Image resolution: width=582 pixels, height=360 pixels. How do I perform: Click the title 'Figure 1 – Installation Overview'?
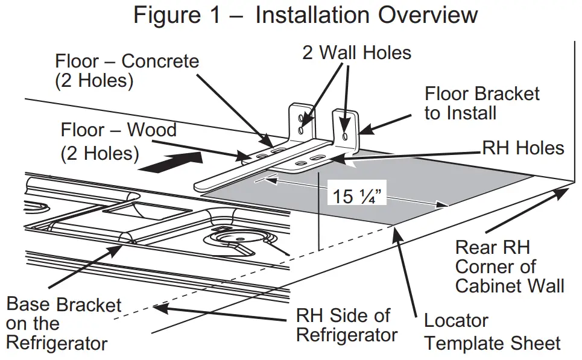[306, 15]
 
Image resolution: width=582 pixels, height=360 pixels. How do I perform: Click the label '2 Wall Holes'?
[356, 53]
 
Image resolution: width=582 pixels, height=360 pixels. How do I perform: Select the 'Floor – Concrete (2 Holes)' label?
[127, 71]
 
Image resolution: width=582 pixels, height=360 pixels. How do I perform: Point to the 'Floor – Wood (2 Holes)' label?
[118, 141]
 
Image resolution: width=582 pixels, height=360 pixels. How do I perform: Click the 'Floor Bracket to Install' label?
[482, 103]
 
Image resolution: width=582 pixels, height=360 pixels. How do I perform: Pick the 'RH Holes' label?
[523, 148]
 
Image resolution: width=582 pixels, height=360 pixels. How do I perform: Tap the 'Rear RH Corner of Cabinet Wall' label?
[510, 266]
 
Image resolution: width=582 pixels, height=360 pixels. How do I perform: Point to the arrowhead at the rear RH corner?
[565, 191]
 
